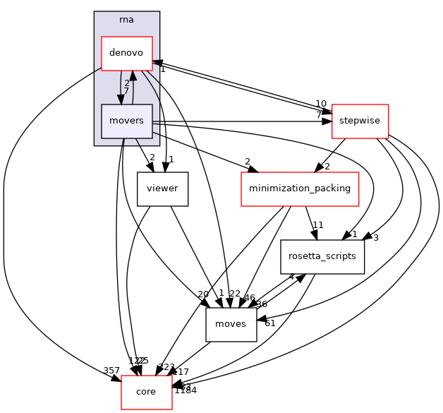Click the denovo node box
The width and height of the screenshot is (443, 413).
(127, 53)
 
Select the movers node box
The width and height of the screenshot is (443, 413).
(127, 121)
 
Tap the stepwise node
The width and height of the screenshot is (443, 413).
(360, 121)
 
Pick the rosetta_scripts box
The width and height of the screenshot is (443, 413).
(322, 256)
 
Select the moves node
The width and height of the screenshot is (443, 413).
(231, 324)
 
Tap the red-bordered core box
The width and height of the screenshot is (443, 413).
(147, 392)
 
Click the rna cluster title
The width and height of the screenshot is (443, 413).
(127, 19)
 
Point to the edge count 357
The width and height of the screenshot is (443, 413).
(111, 371)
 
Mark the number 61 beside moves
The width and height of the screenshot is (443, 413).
(269, 323)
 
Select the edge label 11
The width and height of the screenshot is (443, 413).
(318, 225)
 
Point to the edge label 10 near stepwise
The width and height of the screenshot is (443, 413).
(321, 104)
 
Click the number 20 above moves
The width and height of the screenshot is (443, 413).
(203, 294)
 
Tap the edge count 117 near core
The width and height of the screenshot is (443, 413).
(181, 371)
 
